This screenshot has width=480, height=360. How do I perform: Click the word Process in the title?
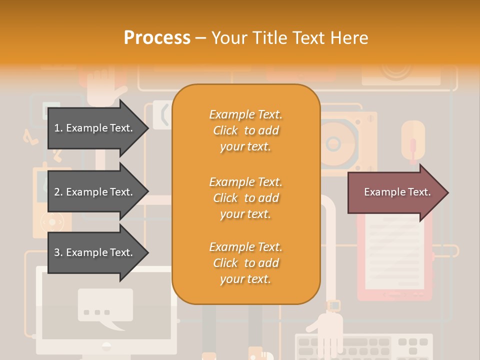click(x=157, y=38)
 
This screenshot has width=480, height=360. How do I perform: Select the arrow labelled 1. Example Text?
click(x=95, y=128)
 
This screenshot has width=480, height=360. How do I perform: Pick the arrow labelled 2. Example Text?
click(x=95, y=192)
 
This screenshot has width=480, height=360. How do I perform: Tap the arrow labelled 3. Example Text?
click(x=95, y=252)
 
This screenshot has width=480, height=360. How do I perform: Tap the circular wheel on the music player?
click(x=52, y=220)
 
